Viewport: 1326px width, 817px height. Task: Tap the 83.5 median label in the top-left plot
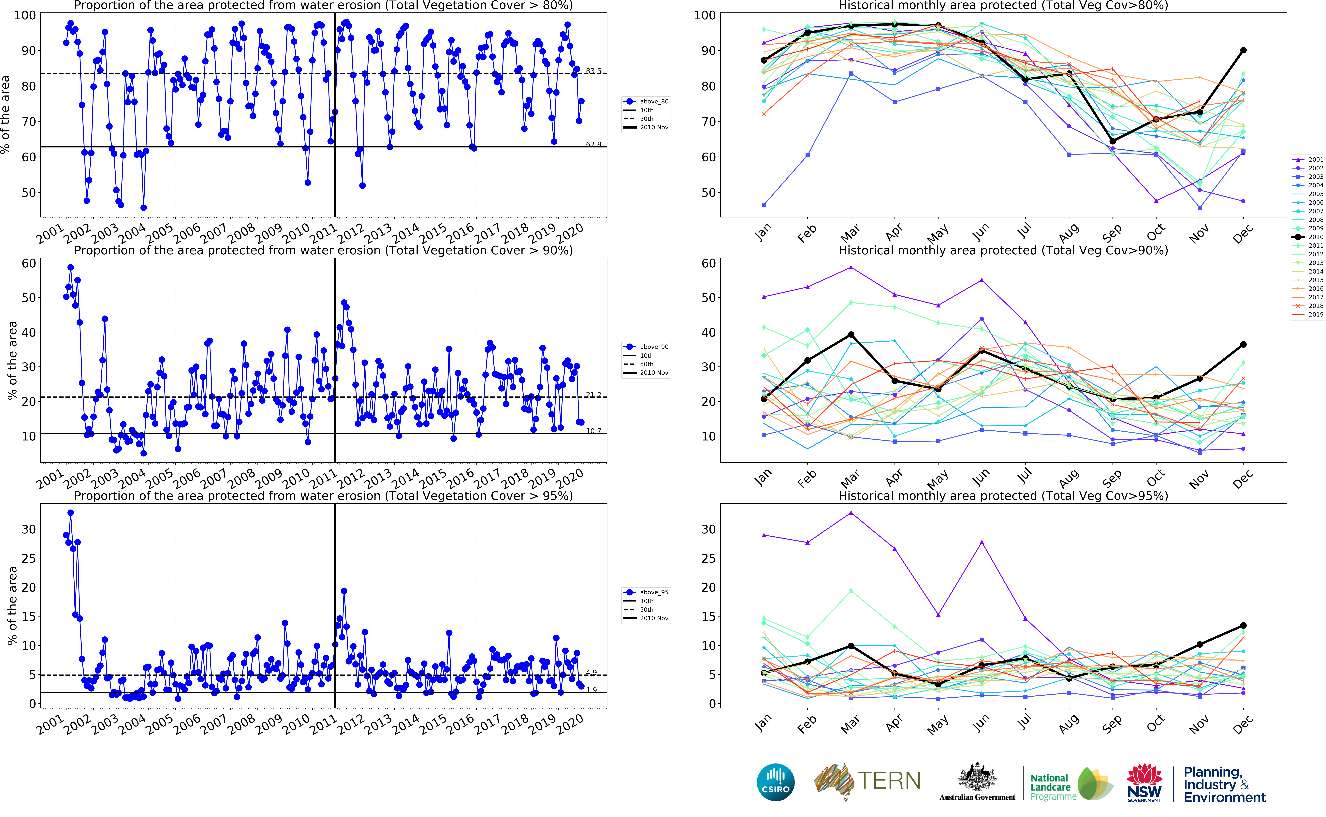click(x=593, y=71)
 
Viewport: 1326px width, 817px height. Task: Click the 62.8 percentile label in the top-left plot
click(x=593, y=144)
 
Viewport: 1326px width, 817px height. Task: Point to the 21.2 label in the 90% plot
click(x=593, y=395)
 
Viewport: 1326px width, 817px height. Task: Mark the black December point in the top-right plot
click(x=1243, y=50)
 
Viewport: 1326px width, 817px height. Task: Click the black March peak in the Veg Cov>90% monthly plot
click(x=851, y=335)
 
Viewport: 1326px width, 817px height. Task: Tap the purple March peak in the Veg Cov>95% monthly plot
click(x=851, y=513)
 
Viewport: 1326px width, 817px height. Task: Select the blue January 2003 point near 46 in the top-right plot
click(x=764, y=205)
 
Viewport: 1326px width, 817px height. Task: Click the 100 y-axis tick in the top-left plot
click(x=25, y=15)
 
